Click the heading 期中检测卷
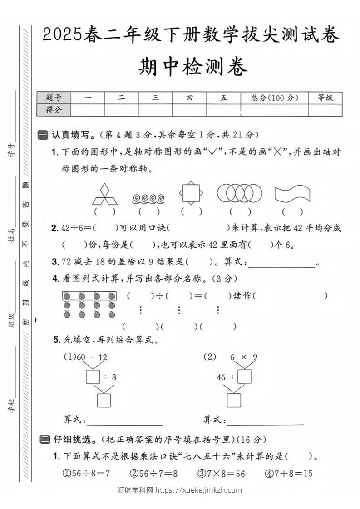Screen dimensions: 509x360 (x=193, y=67)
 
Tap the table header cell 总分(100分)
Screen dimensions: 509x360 (x=274, y=98)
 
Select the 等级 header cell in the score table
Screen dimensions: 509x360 (x=325, y=98)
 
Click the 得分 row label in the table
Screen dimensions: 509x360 (x=54, y=109)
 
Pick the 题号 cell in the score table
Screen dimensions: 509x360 (x=54, y=98)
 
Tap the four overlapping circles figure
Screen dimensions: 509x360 (x=240, y=193)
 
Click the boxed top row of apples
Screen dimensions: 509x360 (x=89, y=296)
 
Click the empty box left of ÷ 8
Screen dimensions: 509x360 (x=93, y=377)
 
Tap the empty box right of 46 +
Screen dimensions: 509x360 (x=245, y=377)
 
